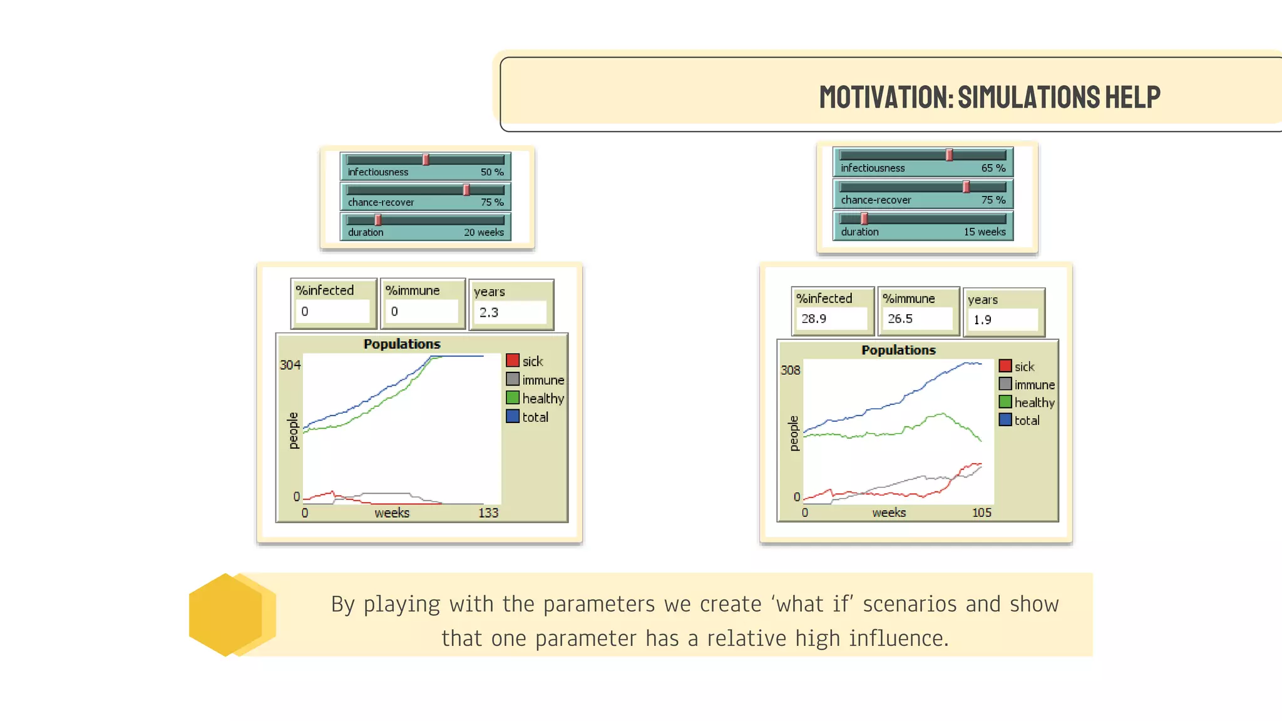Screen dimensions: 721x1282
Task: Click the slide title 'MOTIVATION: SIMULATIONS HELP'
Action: point(989,97)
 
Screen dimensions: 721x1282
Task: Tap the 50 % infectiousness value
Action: point(491,172)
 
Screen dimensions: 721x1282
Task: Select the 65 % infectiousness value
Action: point(993,168)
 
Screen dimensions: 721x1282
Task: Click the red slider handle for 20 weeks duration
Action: point(378,220)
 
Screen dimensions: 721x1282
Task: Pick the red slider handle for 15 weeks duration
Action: point(864,218)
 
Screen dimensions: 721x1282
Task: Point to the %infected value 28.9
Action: point(814,319)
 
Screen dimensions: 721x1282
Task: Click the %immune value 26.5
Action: point(900,319)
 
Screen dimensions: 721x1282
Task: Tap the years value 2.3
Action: point(489,312)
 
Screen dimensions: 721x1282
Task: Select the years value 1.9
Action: point(982,320)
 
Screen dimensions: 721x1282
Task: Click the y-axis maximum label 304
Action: point(290,365)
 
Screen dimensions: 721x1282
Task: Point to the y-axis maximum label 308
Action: point(790,370)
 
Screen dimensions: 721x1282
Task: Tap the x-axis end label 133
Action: point(488,513)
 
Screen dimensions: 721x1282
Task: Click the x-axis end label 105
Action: point(982,513)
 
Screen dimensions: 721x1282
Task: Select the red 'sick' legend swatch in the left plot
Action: point(513,360)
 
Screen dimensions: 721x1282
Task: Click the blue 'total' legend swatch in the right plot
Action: point(1005,420)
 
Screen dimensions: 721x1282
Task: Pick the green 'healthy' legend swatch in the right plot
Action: point(1005,402)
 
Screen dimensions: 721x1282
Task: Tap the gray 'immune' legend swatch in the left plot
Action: point(513,379)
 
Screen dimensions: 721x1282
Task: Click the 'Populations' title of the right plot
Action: point(898,350)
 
